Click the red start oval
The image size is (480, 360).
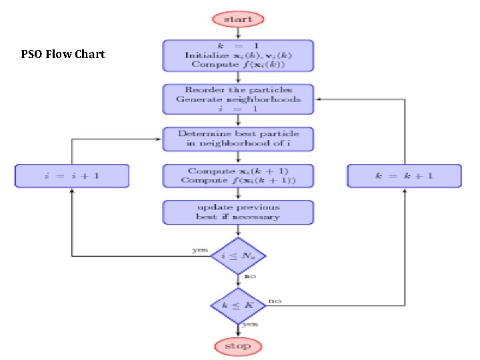click(x=238, y=19)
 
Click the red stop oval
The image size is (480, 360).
click(x=238, y=346)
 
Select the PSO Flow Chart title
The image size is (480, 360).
click(x=63, y=54)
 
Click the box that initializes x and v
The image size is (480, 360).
click(x=238, y=55)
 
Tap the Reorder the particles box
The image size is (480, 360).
click(x=238, y=99)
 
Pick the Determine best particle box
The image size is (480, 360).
click(x=238, y=139)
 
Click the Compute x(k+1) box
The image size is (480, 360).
click(x=238, y=176)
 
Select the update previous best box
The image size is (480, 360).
click(x=238, y=211)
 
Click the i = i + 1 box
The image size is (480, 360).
click(x=72, y=176)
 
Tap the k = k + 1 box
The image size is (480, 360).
click(x=404, y=176)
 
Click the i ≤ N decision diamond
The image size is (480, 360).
click(x=238, y=255)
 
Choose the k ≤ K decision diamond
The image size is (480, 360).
click(x=238, y=306)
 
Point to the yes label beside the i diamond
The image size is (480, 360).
click(x=199, y=250)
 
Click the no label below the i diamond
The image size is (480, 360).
click(x=250, y=275)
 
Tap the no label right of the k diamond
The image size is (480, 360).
click(x=275, y=301)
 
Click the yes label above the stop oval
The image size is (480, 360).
click(x=250, y=325)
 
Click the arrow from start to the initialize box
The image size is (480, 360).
click(x=238, y=33)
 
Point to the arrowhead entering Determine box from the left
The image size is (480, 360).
click(x=159, y=139)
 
